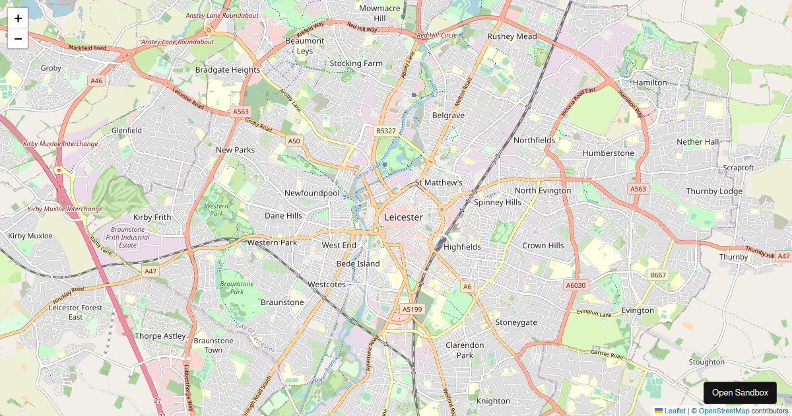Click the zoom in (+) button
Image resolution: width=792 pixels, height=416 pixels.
18,18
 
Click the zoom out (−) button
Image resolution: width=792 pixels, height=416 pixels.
18,39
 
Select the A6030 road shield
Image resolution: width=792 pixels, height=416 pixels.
576,285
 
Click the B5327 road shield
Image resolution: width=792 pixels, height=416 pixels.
386,131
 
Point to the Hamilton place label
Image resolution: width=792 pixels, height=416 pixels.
649,83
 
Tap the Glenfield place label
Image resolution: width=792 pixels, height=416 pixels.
127,131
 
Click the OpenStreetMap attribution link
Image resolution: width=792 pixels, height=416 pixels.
723,411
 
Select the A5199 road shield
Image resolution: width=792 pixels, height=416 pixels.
412,309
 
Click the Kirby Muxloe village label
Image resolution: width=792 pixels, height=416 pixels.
30,236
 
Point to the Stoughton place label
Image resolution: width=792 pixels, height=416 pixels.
706,362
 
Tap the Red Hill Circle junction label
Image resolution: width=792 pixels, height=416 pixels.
436,35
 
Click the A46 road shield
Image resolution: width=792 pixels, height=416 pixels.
97,81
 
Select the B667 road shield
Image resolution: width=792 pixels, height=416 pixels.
658,275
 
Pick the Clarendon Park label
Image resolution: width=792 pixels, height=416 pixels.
465,350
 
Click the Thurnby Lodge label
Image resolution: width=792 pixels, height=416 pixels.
714,191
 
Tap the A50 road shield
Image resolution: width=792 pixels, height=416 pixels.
294,141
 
